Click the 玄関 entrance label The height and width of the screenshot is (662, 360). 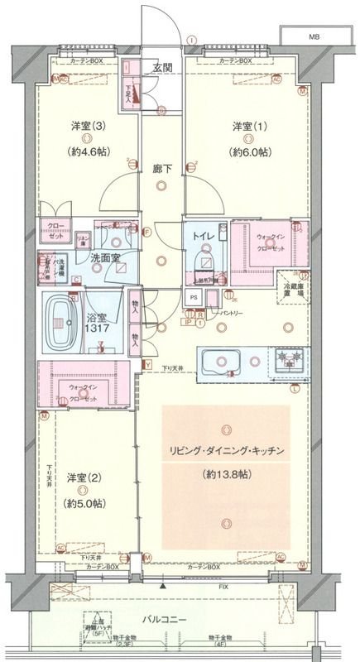coord(162,68)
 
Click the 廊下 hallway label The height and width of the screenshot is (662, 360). coord(162,169)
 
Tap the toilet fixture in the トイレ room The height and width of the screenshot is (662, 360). coord(202,262)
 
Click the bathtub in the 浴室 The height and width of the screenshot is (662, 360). coord(63,317)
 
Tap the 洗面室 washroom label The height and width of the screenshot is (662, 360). coord(105,258)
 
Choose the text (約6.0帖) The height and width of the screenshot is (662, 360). coord(250,152)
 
